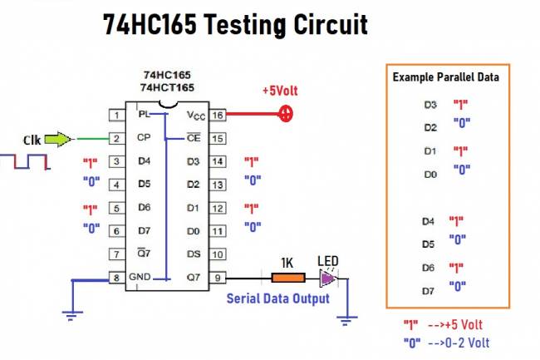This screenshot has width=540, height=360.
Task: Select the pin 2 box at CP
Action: tap(117, 138)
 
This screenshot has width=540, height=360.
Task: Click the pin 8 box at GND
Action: tap(117, 278)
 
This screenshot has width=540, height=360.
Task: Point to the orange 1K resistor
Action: tap(286, 278)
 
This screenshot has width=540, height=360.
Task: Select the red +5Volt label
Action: tap(280, 90)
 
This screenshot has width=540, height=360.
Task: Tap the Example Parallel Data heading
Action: tap(445, 76)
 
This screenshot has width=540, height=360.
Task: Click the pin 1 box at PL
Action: tap(117, 115)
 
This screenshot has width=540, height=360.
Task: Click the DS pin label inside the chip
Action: tap(193, 254)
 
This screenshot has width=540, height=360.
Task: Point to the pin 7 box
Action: tap(117, 254)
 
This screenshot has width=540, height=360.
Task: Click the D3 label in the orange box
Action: tap(429, 106)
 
